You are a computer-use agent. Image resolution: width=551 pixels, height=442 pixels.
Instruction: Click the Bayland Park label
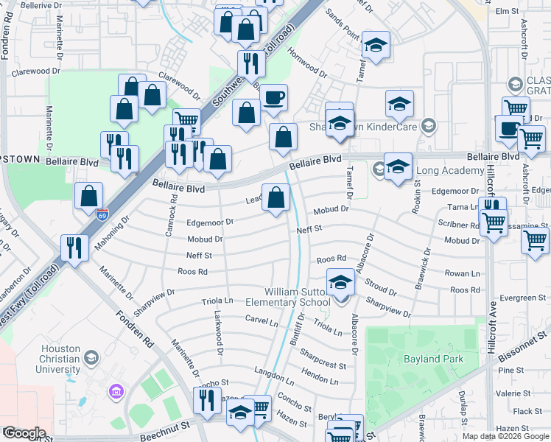click(432, 359)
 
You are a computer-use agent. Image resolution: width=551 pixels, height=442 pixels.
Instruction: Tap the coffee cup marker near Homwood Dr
click(274, 98)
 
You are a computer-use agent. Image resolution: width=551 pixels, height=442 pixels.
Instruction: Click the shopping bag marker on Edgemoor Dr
click(276, 198)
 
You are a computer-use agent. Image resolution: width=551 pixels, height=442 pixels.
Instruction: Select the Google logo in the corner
click(24, 433)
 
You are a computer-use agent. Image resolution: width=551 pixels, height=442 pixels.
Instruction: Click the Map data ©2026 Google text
click(505, 436)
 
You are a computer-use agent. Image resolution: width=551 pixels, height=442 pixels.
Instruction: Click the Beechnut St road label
click(165, 432)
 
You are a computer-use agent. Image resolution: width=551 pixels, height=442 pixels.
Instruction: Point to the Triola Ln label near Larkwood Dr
click(218, 301)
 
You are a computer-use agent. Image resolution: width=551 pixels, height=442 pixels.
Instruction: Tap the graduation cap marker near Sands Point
click(376, 46)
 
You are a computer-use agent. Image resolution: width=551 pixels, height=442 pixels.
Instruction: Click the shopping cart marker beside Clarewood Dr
click(187, 122)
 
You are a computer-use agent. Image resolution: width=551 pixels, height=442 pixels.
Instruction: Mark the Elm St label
click(508, 11)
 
